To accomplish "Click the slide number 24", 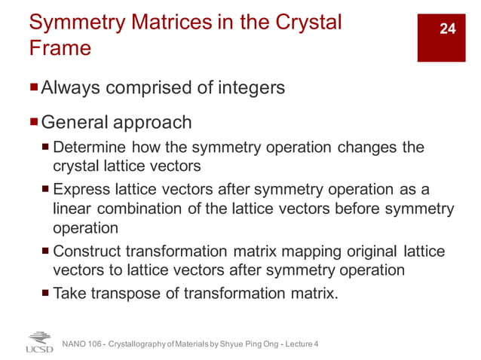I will pyautogui.click(x=448, y=29).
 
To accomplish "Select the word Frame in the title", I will pyautogui.click(x=60, y=49).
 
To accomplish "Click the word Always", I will pyautogui.click(x=72, y=88).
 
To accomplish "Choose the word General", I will pyautogui.click(x=74, y=122).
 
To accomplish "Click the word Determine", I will pyautogui.click(x=93, y=147).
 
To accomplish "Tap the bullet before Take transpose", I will pyautogui.click(x=46, y=292).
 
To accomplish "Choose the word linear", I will pyautogui.click(x=72, y=208).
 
